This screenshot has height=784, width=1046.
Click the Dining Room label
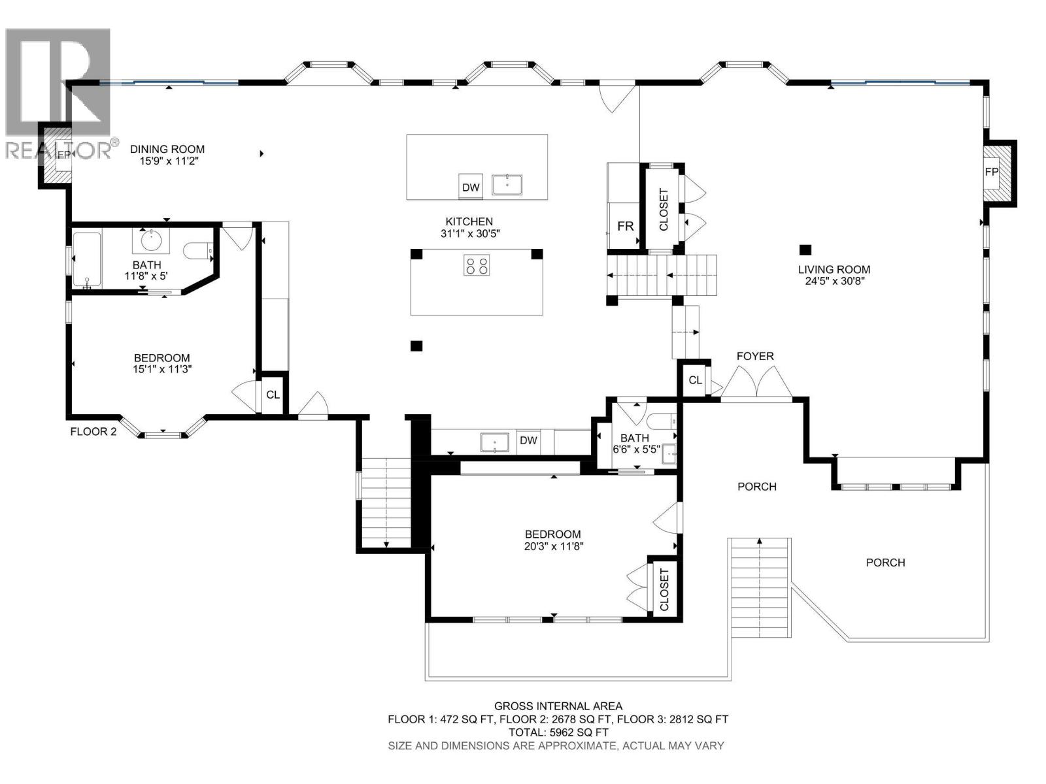tap(167, 149)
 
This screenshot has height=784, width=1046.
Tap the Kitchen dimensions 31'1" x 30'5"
tap(469, 233)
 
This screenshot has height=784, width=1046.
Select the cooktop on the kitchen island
tap(476, 266)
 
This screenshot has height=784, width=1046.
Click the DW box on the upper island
tap(471, 188)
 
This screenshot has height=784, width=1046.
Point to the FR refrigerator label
tap(626, 226)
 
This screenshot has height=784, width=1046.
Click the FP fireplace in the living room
tap(992, 172)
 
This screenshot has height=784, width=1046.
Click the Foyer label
tap(755, 356)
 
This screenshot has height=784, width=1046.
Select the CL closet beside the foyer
tap(695, 380)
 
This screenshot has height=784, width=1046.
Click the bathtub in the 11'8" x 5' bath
tap(86, 259)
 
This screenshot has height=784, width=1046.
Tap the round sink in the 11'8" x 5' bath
tap(152, 240)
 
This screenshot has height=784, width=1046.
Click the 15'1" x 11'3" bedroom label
tap(161, 363)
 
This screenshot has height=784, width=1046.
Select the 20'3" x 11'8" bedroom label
tap(553, 540)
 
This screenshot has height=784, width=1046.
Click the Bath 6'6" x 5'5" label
tap(635, 443)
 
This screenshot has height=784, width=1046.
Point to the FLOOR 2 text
tap(93, 431)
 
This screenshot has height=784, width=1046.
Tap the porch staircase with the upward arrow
tap(760, 588)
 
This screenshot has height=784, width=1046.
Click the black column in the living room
tap(805, 249)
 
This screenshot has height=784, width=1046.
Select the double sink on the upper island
tap(507, 184)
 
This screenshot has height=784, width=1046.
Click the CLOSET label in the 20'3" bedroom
tap(664, 589)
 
